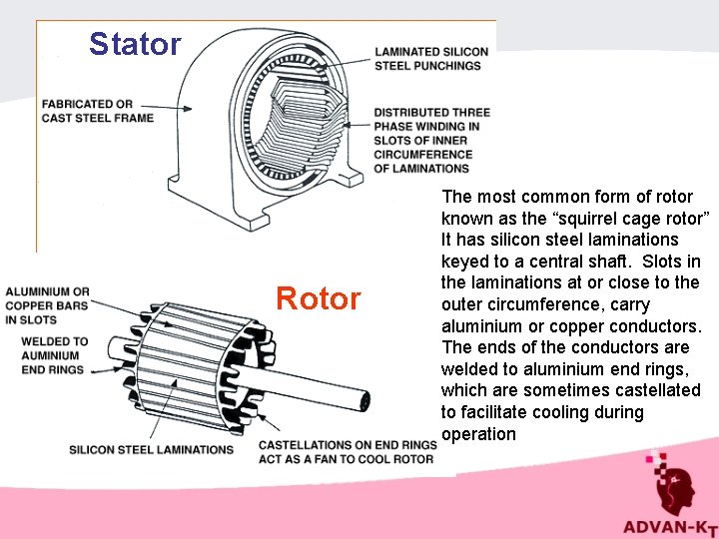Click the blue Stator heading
coord(135,44)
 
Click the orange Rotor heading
coord(318,298)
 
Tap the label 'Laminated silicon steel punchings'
coord(430,59)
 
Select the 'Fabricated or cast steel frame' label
coord(98,111)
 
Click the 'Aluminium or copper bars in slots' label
coord(47,306)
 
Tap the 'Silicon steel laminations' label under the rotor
coord(151,450)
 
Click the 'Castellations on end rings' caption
coord(347,451)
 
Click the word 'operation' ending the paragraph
coord(478,434)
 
